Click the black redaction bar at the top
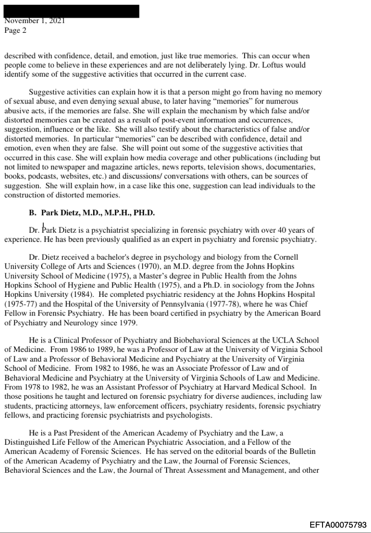[72, 11]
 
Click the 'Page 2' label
[15, 30]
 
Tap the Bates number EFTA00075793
[338, 525]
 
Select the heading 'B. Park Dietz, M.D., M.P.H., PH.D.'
[98, 213]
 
